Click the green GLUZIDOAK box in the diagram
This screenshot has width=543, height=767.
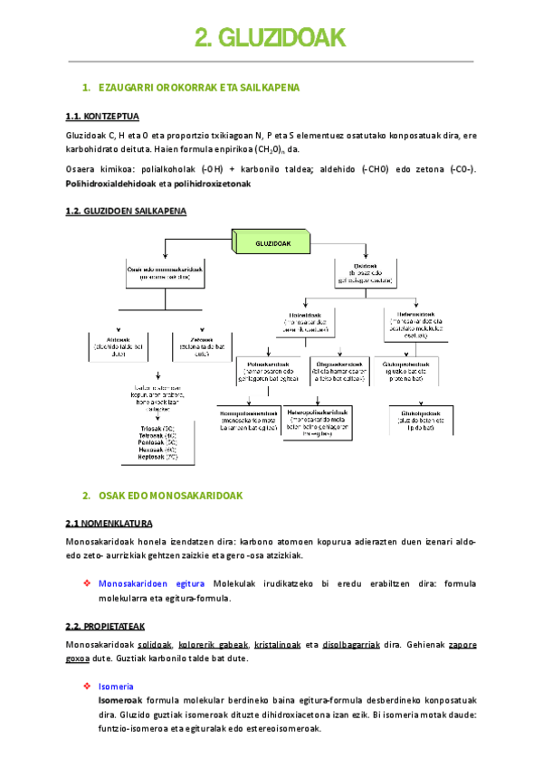271,243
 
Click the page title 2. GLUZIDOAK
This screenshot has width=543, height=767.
271,38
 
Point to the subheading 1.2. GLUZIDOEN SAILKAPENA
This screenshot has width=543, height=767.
126,211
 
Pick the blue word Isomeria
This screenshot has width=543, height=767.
116,687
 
